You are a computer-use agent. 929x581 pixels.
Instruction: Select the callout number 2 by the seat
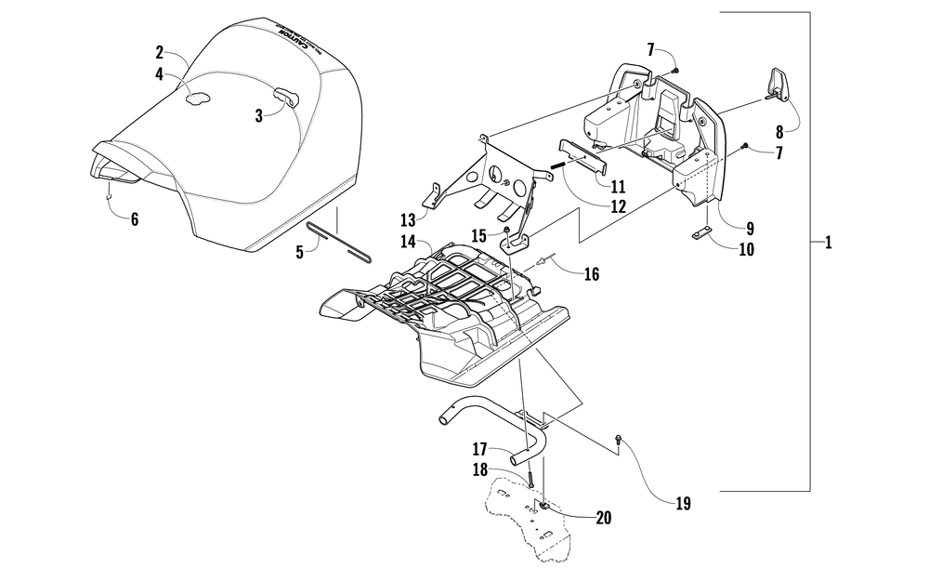(160, 53)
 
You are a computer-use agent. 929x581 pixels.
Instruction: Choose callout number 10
(747, 249)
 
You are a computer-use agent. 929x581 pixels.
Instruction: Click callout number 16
(591, 274)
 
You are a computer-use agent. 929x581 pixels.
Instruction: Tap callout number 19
(683, 504)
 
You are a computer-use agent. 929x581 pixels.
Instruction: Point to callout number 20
(603, 518)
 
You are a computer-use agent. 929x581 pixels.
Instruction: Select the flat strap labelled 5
(338, 242)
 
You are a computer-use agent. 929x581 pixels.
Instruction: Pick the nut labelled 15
(506, 230)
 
